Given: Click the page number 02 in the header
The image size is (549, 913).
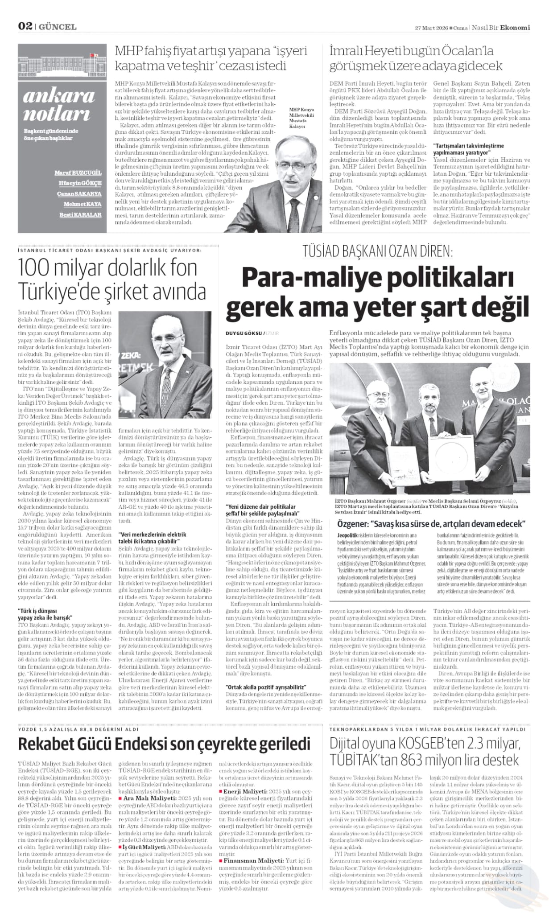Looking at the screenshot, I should click(x=25, y=26).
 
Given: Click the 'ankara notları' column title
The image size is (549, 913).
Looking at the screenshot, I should click(x=59, y=105).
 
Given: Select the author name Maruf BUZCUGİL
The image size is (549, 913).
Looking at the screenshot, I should click(x=78, y=173).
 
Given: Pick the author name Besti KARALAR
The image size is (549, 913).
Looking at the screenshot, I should click(x=81, y=214).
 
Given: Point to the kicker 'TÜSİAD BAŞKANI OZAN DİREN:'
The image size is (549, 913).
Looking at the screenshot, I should click(x=377, y=252).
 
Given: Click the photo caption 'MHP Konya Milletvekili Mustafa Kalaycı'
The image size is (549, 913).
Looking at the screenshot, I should click(x=301, y=118).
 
